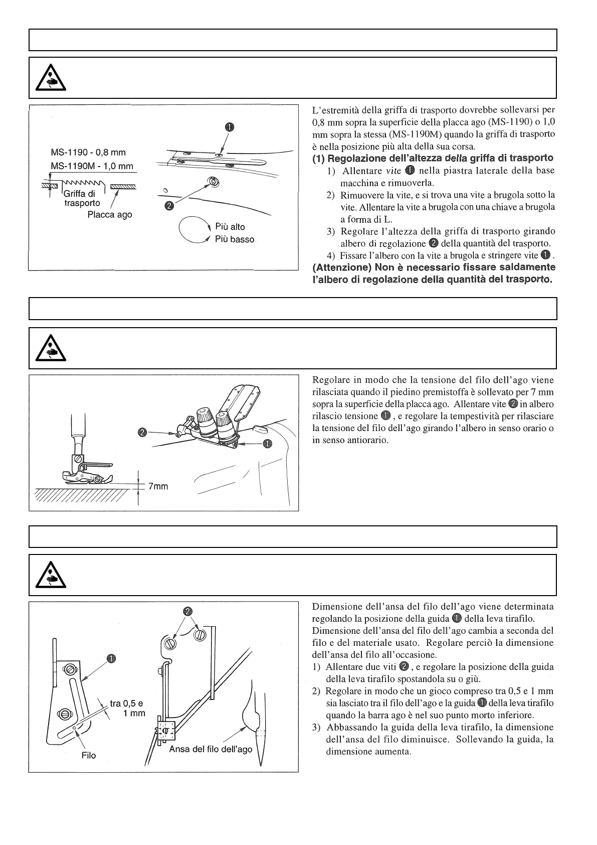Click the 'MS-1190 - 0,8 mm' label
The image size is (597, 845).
coord(88,153)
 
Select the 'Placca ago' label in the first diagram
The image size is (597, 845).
coord(110,215)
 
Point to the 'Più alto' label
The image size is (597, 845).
coord(230,227)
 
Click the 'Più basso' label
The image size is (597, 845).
coord(235,239)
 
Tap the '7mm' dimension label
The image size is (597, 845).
coord(158,486)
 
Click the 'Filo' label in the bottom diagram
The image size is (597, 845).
coord(89,755)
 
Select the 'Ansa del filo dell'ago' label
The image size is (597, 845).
coord(211,749)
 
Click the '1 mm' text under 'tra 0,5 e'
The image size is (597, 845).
coord(134,713)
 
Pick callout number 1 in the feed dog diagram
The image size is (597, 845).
coord(230,127)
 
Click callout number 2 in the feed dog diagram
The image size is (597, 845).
coord(169,205)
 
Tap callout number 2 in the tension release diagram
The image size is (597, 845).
coord(142,432)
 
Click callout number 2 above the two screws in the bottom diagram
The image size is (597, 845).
coord(187,611)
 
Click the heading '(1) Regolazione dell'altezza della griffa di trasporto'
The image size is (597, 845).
coord(433,159)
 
